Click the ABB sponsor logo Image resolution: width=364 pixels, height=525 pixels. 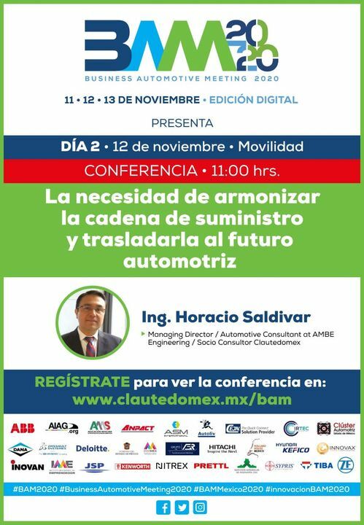[x=22, y=428]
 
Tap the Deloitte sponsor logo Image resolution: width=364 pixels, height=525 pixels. [x=92, y=448]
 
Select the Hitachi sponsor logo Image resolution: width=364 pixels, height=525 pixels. [x=222, y=448]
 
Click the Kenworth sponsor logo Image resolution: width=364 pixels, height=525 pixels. [x=133, y=466]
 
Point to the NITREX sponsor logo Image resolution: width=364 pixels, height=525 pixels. [x=172, y=466]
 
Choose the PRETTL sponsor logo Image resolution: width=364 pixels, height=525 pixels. [x=212, y=466]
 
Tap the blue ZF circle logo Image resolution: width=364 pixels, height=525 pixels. [x=345, y=465]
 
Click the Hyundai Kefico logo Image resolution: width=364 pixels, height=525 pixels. [x=292, y=448]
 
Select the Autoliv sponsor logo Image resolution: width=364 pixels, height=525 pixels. [x=206, y=428]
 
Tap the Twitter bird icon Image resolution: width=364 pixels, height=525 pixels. [x=182, y=507]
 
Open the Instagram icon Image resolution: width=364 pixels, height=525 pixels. [x=200, y=507]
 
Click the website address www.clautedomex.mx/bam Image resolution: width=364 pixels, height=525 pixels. [x=182, y=400]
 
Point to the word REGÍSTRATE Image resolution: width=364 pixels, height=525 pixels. [x=82, y=382]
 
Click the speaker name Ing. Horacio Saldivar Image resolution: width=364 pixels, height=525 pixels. [x=226, y=317]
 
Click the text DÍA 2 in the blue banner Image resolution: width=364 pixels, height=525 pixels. [x=80, y=147]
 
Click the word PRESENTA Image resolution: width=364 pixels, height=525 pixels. [x=182, y=122]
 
